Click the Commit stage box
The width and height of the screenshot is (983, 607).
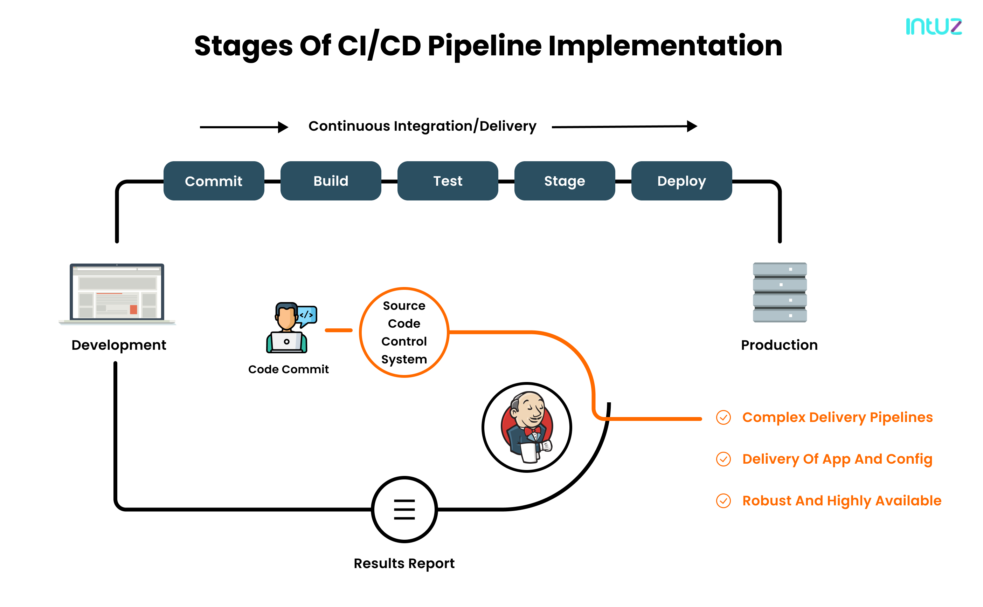tap(214, 181)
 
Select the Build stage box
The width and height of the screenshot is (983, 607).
tap(331, 181)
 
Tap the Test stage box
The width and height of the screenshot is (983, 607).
tap(448, 181)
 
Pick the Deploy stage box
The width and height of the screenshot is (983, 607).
tap(681, 181)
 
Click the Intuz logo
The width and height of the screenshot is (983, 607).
tap(933, 27)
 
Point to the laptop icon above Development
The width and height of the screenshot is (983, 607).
tap(117, 293)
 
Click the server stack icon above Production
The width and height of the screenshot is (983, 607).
tap(779, 292)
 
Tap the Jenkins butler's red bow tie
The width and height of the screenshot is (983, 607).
tap(532, 431)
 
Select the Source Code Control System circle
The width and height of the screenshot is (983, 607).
tap(404, 332)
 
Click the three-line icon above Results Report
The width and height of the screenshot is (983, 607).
tap(404, 510)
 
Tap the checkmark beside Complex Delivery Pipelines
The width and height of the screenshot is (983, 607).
tap(723, 417)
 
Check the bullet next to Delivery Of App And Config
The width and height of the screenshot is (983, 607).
tap(723, 459)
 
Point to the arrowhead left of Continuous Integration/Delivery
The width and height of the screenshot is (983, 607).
tap(283, 127)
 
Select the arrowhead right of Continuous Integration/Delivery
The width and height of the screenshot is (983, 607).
tap(692, 127)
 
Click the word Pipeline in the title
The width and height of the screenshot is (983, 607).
tap(484, 46)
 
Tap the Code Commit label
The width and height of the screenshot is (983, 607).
tap(288, 369)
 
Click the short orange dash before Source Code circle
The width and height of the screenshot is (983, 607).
tap(339, 330)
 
